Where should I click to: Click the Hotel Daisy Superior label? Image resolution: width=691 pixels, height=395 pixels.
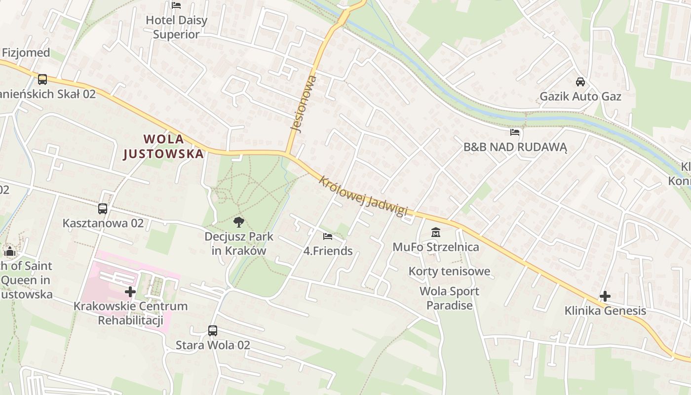tap(176, 27)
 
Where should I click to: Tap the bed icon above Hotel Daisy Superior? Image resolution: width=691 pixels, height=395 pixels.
tap(176, 5)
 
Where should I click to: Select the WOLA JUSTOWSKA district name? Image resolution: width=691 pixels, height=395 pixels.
tap(163, 146)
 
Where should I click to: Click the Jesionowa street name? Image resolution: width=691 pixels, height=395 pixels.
tap(303, 104)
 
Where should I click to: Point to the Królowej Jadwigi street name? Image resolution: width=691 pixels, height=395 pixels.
tap(363, 196)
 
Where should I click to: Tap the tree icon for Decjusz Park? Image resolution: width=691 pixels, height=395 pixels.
tap(239, 222)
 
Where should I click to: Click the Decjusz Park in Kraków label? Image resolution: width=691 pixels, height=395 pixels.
tap(239, 243)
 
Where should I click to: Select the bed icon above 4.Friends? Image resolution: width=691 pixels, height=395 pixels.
tap(327, 237)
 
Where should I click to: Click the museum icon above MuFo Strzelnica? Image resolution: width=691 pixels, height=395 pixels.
tap(436, 232)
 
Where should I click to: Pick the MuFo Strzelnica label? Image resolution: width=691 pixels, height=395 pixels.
tap(436, 247)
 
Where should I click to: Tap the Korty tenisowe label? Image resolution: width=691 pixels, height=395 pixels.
tap(450, 271)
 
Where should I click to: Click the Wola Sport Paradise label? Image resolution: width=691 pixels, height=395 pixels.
tap(450, 298)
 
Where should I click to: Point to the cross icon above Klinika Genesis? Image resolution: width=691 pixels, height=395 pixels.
tap(605, 296)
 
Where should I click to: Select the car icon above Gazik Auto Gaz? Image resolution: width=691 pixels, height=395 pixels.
tap(580, 82)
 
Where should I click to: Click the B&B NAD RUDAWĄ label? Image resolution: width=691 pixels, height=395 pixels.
tap(515, 147)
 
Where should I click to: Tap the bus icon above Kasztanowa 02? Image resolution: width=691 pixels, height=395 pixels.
tap(103, 209)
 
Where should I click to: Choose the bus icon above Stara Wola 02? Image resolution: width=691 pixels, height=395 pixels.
tap(213, 331)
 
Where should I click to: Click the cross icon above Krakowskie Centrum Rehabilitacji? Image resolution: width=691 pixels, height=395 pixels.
tap(130, 292)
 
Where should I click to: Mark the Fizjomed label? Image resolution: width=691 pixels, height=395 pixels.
tap(26, 53)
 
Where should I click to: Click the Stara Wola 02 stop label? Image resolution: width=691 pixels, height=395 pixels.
tap(213, 345)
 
